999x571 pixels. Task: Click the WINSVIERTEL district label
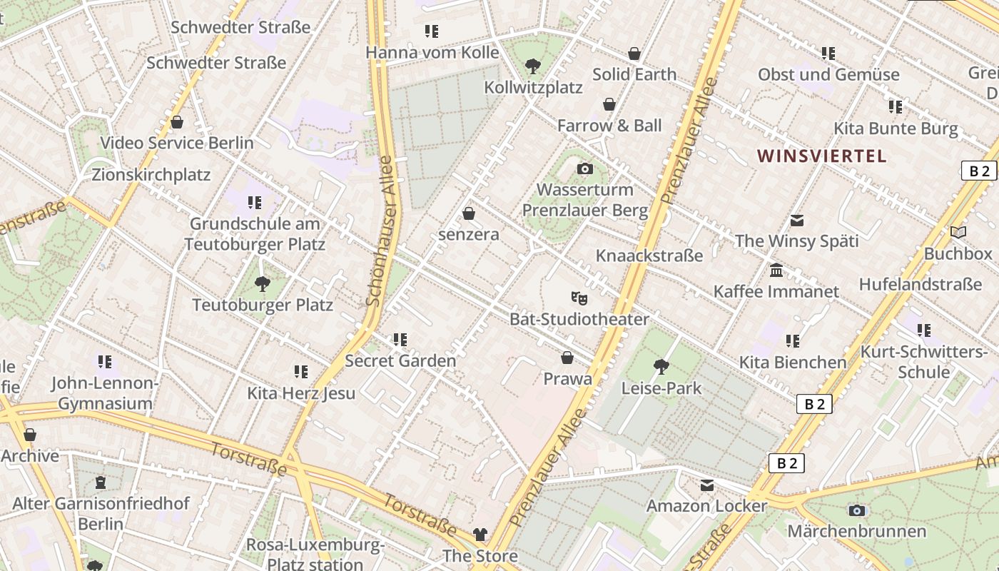click(x=821, y=156)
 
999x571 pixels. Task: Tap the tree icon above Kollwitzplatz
click(x=532, y=66)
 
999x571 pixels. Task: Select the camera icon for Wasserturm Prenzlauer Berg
click(x=585, y=169)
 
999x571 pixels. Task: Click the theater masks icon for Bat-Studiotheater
click(x=579, y=298)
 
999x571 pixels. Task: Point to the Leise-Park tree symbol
click(x=661, y=367)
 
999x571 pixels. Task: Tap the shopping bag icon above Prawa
click(x=567, y=358)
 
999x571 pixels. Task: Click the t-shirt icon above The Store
click(x=480, y=535)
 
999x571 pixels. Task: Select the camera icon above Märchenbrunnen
click(x=857, y=510)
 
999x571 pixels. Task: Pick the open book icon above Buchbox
click(x=958, y=233)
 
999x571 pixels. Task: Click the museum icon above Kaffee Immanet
click(x=776, y=271)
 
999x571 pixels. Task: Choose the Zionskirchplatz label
click(x=151, y=175)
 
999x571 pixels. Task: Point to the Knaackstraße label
click(x=649, y=256)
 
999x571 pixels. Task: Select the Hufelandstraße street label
click(x=920, y=284)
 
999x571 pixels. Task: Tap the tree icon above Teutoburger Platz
click(x=263, y=284)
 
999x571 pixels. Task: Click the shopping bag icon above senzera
click(x=469, y=213)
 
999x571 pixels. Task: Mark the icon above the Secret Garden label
click(x=400, y=340)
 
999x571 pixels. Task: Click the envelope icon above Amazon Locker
click(x=706, y=485)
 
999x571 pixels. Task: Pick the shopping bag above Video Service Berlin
click(x=177, y=122)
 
